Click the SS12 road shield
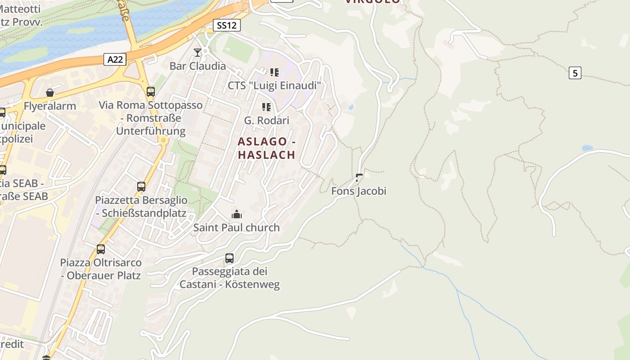click(x=226, y=25)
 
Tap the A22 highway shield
click(x=115, y=59)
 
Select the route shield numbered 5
click(x=575, y=72)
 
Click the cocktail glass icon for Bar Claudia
click(x=197, y=53)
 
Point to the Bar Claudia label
click(x=198, y=66)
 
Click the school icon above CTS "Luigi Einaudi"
click(x=274, y=72)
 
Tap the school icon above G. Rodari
click(x=266, y=107)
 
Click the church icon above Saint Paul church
click(x=236, y=214)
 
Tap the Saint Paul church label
click(x=236, y=228)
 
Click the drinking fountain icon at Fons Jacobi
click(x=359, y=177)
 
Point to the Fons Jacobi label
click(x=359, y=191)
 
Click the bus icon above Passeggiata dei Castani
click(x=229, y=258)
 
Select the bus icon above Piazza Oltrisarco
click(x=101, y=249)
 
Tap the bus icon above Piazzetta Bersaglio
click(x=141, y=186)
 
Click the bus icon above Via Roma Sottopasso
click(x=151, y=92)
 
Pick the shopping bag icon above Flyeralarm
click(x=50, y=93)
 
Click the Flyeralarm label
click(x=50, y=107)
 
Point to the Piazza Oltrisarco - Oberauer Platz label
click(x=101, y=269)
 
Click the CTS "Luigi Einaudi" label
click(x=274, y=85)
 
